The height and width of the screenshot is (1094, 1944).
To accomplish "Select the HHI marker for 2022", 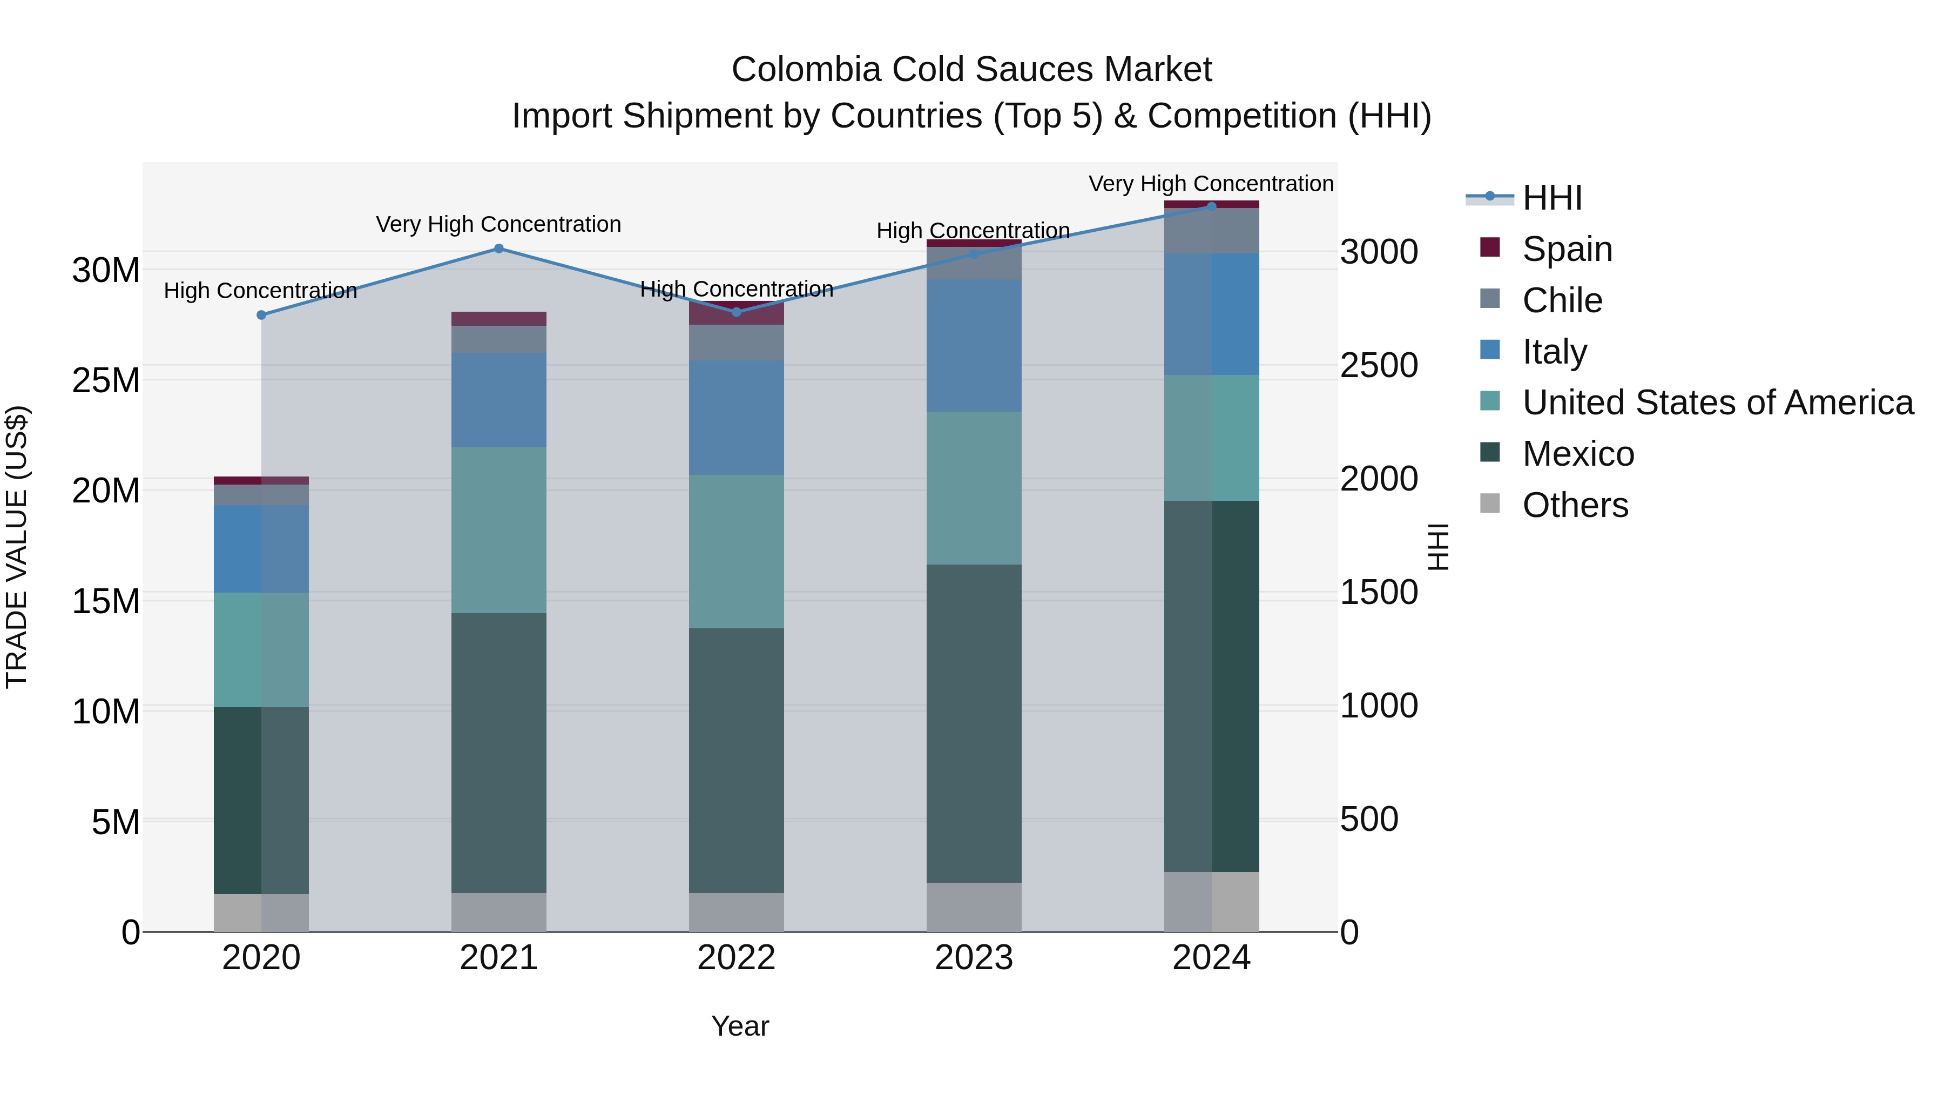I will (x=737, y=312).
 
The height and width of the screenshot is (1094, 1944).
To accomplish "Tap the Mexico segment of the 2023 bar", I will (x=974, y=723).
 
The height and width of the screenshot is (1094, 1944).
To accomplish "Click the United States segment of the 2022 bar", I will (x=736, y=551).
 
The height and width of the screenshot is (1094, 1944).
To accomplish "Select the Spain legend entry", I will (x=1567, y=249).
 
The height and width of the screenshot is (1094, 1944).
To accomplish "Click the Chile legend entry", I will (x=1561, y=300).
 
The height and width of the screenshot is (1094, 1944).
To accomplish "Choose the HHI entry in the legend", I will (x=1551, y=198).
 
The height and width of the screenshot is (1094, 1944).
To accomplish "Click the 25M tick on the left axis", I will (x=106, y=380).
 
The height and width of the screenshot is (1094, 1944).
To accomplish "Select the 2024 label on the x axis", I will (x=1211, y=958).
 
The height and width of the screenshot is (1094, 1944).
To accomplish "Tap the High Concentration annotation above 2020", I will (x=260, y=291).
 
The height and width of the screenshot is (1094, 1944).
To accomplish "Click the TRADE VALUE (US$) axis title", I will (x=17, y=547).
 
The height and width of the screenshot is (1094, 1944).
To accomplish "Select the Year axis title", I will (x=740, y=1026).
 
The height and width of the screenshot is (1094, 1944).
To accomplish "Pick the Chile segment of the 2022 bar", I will (x=736, y=342).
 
